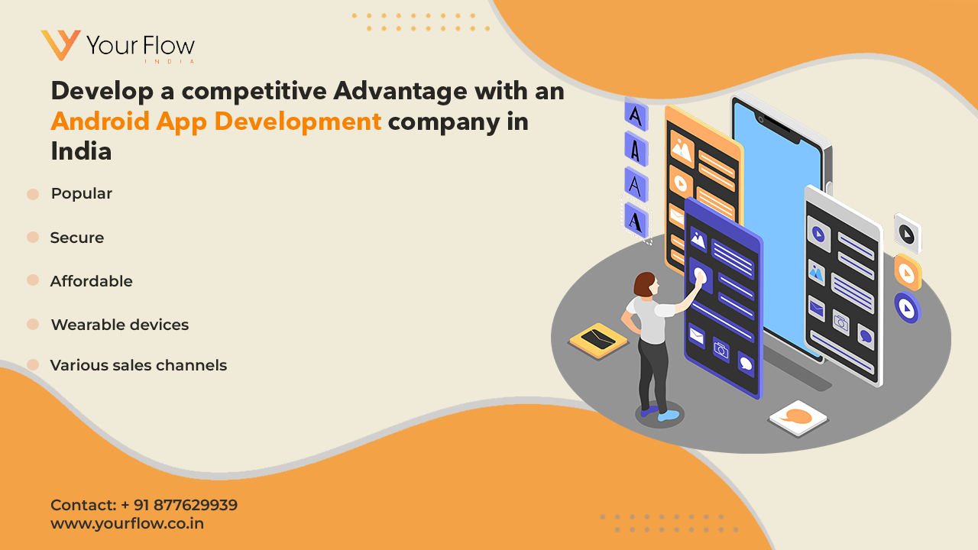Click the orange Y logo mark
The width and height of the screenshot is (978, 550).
[x=60, y=44]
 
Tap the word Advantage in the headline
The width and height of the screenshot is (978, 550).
[x=400, y=92]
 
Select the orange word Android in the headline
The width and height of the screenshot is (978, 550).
[x=100, y=121]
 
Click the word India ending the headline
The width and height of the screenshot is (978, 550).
[x=81, y=151]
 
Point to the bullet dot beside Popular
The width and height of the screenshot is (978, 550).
[x=33, y=194]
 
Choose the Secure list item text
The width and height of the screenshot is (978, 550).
[x=77, y=238]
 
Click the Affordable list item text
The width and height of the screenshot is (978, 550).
[x=91, y=281]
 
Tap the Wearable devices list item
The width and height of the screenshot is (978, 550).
[x=120, y=325]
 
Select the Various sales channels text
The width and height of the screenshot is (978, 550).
[x=138, y=365]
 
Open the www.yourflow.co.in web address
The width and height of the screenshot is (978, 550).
[x=127, y=523]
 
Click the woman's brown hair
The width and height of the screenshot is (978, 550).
[x=643, y=284]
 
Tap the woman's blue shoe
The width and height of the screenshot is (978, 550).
[x=668, y=415]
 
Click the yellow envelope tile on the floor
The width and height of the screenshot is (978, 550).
[x=598, y=340]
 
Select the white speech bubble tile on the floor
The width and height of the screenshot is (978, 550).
[x=798, y=418]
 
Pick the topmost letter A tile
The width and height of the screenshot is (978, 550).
[x=636, y=115]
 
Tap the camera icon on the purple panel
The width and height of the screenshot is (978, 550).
[x=721, y=350]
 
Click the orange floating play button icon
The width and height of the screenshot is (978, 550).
[x=908, y=273]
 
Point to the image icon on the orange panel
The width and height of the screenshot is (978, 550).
[x=682, y=148]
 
